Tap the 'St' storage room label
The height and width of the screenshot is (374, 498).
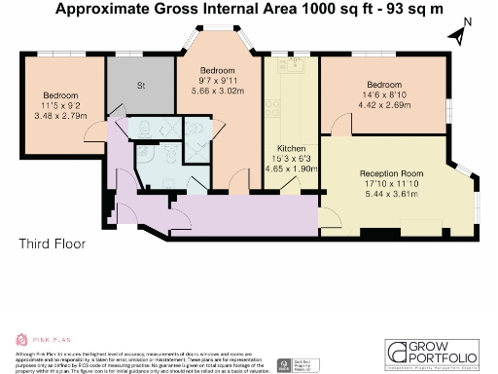141,86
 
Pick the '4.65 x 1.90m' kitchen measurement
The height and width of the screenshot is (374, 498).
290,168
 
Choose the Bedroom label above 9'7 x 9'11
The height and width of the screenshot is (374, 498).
219,71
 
